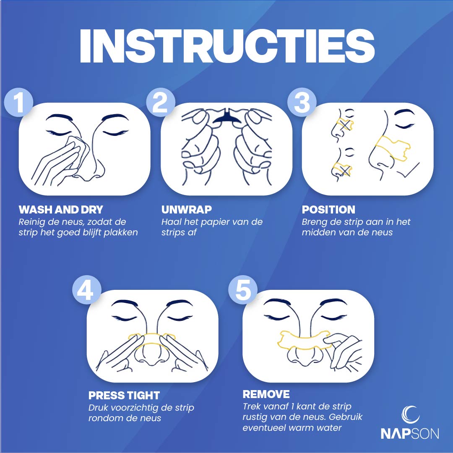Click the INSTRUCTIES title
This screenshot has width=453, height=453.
click(227, 46)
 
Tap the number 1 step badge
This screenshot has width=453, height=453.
click(19, 102)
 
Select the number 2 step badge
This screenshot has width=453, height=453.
click(161, 102)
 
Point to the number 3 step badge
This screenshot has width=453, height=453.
click(302, 102)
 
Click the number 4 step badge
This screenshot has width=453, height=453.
click(87, 290)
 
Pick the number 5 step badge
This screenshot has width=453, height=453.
click(243, 290)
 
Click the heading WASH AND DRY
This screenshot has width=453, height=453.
click(61, 209)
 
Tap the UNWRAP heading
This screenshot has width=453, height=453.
click(187, 209)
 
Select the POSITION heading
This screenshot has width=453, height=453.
click(328, 209)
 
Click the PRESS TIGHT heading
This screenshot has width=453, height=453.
click(124, 395)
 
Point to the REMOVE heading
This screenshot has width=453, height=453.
click(266, 394)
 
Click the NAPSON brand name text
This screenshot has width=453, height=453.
click(410, 433)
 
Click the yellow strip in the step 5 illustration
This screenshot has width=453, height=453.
click(303, 340)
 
